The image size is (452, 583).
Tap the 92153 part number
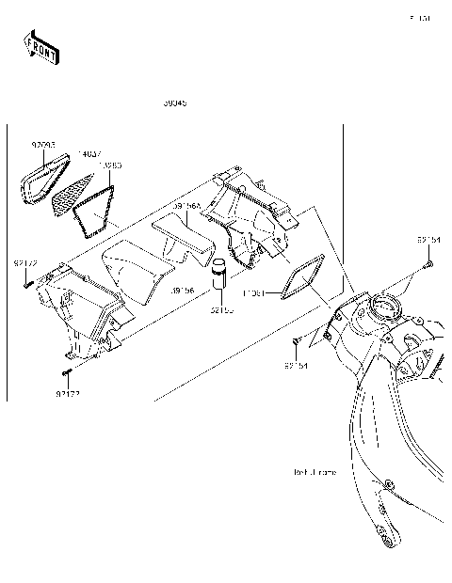(222, 308)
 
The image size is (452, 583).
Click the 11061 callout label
(256, 293)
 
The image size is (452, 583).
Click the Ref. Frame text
(315, 473)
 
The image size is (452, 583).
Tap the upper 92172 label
(25, 264)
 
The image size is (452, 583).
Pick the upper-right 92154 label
(429, 240)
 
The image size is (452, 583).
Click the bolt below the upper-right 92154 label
(427, 266)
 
